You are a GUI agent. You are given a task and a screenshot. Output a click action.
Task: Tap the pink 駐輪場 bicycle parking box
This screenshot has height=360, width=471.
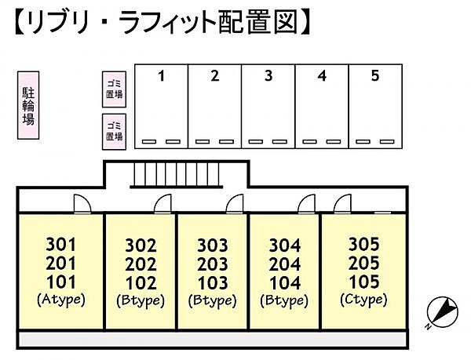(x=27, y=107)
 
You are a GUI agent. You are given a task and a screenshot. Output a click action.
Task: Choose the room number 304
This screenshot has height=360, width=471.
(x=284, y=245)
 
